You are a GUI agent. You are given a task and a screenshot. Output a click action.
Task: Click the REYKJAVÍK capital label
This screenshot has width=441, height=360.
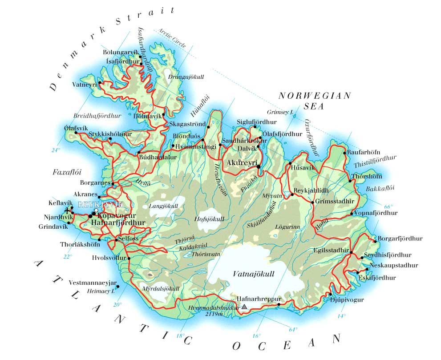[x=100, y=204]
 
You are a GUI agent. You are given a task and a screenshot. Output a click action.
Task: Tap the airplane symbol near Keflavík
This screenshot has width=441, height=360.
[x=67, y=210]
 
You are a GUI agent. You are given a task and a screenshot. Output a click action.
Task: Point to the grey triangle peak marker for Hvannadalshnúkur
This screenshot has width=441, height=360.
[x=244, y=306]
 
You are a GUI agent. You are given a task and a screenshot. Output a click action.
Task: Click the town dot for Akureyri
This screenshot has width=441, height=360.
[x=259, y=167]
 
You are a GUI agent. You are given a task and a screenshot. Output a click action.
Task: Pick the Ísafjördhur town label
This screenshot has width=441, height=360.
[x=122, y=61]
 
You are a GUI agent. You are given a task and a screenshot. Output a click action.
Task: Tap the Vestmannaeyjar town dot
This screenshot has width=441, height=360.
[x=118, y=287]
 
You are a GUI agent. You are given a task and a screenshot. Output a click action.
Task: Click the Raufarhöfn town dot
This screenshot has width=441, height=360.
[x=345, y=153]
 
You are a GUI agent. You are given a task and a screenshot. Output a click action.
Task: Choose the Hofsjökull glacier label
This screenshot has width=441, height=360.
[x=208, y=218]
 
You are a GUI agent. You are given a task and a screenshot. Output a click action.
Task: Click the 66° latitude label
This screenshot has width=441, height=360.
[x=388, y=206]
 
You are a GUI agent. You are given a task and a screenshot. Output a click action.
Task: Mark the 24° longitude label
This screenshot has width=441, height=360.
[x=55, y=150]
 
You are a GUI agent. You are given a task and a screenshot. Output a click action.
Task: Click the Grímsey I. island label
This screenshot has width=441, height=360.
[x=280, y=112]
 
